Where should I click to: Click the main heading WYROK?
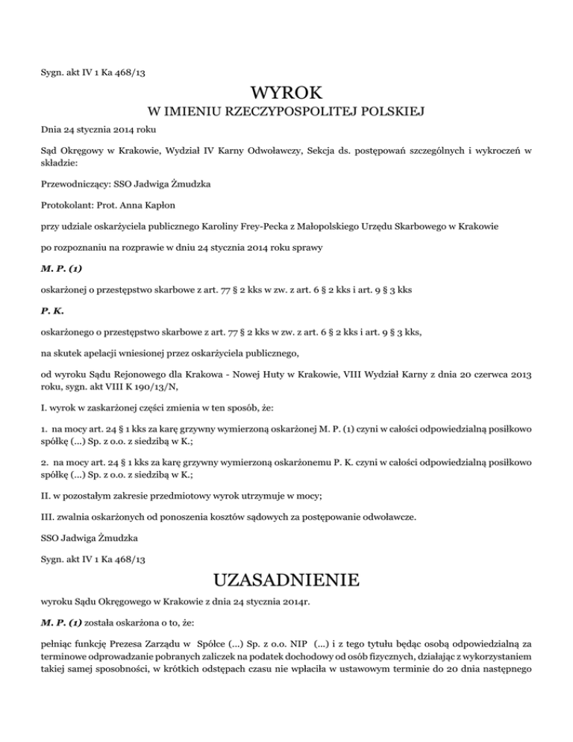point(286,94)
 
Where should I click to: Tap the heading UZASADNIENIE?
point(286,579)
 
